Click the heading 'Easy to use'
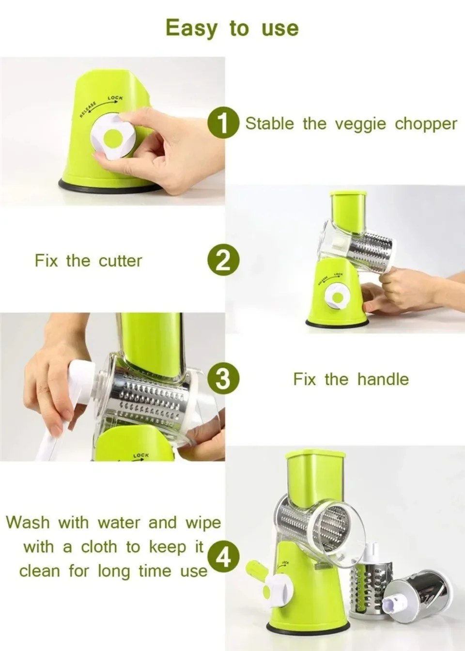(232, 28)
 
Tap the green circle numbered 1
(222, 123)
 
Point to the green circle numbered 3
(222, 378)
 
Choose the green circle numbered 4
(222, 558)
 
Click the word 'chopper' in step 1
(426, 124)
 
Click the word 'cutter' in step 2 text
(120, 261)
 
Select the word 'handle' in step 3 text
(383, 379)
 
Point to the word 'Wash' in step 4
(28, 523)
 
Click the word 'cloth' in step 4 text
(99, 547)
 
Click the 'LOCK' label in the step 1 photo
(115, 98)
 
